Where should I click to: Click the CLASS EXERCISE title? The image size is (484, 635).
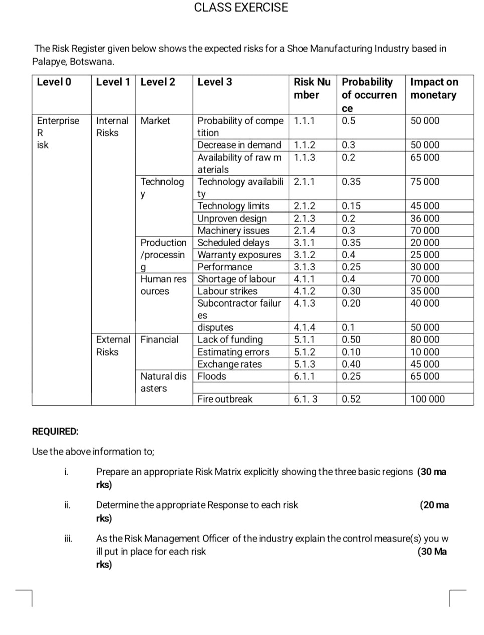(241, 8)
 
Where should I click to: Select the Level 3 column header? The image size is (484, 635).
(214, 82)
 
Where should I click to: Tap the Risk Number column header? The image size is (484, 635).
(311, 88)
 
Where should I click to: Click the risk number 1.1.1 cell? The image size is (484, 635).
(304, 121)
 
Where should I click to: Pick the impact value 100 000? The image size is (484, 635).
(427, 399)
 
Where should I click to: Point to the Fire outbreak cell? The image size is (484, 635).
(225, 399)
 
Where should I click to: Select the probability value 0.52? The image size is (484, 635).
(351, 399)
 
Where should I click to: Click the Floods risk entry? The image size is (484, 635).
(211, 376)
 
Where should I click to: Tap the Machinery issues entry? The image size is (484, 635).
(233, 231)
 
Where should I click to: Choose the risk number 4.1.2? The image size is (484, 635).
(304, 291)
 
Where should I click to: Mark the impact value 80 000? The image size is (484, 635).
(424, 340)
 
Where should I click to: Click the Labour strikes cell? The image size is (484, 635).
(227, 291)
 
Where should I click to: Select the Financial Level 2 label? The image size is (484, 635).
(159, 340)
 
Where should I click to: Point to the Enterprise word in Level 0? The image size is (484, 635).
(58, 121)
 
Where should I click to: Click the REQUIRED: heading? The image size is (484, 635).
(55, 432)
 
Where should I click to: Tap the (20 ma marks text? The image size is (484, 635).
(434, 505)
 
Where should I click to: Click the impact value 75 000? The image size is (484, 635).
(424, 182)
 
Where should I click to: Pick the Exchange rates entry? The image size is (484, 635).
(229, 364)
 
